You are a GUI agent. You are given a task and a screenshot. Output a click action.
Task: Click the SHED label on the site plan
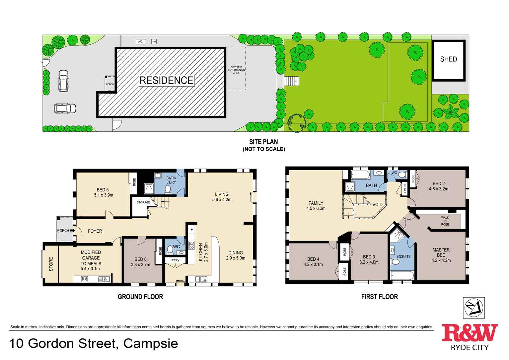[x=448, y=59]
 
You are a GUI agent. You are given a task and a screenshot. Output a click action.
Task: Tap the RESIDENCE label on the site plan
[x=166, y=80]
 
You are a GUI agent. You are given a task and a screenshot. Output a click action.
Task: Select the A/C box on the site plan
[x=140, y=42]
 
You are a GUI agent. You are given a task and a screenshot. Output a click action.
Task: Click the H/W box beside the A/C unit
[x=154, y=42]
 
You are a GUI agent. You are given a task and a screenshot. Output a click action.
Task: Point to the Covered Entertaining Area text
[x=236, y=70]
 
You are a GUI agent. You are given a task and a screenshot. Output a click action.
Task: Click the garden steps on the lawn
[x=292, y=81]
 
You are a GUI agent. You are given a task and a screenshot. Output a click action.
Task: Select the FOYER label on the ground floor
[x=95, y=231]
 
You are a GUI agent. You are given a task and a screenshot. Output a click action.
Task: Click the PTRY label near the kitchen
[x=175, y=260]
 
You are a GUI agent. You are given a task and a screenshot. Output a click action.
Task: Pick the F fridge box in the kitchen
[x=191, y=229]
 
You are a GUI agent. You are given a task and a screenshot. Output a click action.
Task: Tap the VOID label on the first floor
[x=377, y=205]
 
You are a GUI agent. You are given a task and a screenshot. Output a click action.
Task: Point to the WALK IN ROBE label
[x=445, y=221]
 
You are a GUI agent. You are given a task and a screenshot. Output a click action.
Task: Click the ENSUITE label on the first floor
[x=403, y=256]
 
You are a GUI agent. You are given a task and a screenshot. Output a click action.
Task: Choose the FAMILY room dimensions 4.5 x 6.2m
[x=316, y=209]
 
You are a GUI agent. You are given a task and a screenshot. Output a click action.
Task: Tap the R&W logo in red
[x=470, y=333]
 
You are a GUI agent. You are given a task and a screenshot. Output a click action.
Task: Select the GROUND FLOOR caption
[x=140, y=297]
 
